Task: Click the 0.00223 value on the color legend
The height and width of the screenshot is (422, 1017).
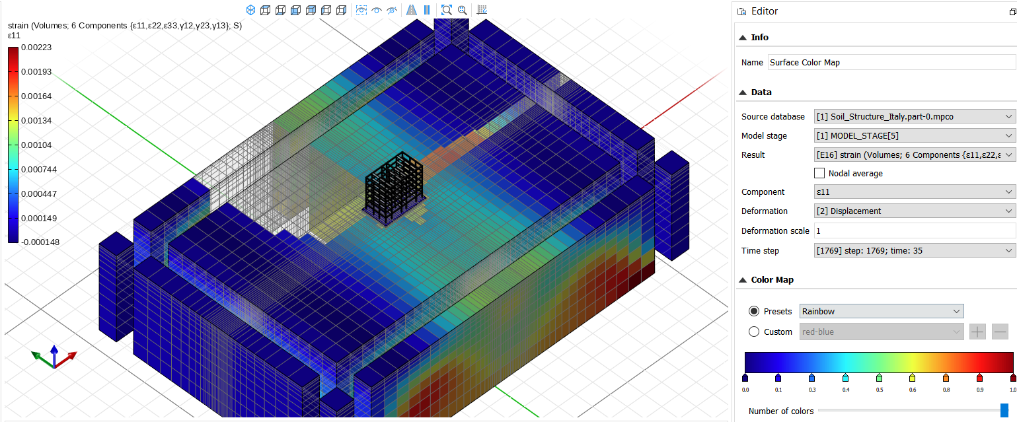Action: click(36, 47)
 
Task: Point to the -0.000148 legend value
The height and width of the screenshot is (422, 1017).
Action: click(40, 242)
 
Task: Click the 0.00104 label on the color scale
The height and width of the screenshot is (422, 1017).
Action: click(36, 145)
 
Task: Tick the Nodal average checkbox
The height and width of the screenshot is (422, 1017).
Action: click(819, 173)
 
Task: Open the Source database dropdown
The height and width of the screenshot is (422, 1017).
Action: click(915, 117)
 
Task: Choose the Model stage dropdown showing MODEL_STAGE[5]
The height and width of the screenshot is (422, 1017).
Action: click(915, 135)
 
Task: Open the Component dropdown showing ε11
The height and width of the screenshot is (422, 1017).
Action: click(915, 192)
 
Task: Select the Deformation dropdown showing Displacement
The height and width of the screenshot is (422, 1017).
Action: click(915, 211)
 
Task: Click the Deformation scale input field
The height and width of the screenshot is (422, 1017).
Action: click(915, 231)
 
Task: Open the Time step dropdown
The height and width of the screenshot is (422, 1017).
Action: click(915, 250)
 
